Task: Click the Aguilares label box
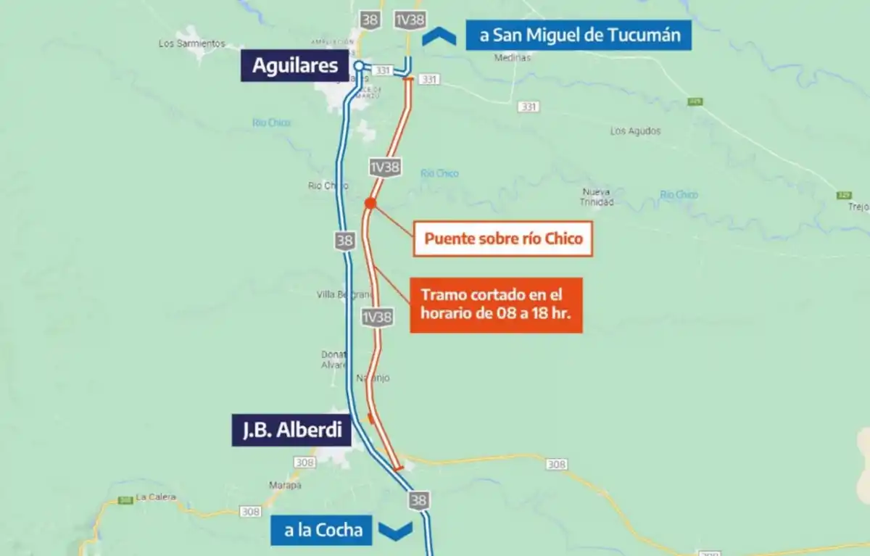pyautogui.click(x=295, y=65)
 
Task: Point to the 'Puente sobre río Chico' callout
pyautogui.click(x=503, y=238)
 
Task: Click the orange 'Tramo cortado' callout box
pyautogui.click(x=496, y=305)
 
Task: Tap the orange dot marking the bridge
pyautogui.click(x=370, y=204)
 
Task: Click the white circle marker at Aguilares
pyautogui.click(x=359, y=66)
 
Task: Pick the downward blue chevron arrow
pyautogui.click(x=396, y=531)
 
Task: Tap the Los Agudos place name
pyautogui.click(x=635, y=131)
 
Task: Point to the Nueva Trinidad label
pyautogui.click(x=597, y=197)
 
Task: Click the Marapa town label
pyautogui.click(x=285, y=485)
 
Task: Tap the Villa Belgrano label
pyautogui.click(x=344, y=294)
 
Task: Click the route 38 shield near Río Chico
pyautogui.click(x=344, y=240)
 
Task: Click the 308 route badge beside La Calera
pyautogui.click(x=251, y=512)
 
